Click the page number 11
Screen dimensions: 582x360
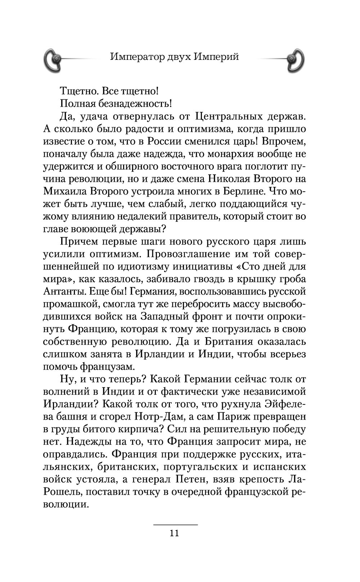(x=174, y=533)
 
